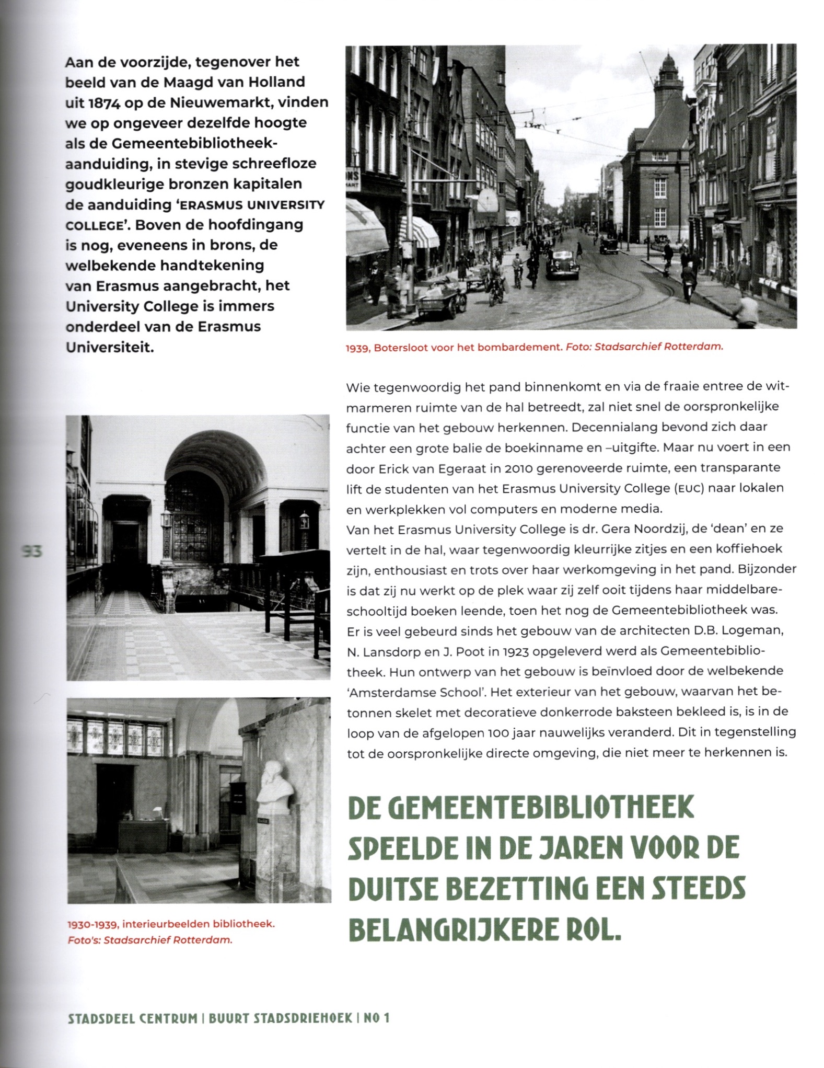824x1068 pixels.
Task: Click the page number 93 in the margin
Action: point(31,551)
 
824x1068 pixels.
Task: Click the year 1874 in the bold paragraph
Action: point(105,103)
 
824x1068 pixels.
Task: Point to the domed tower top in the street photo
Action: point(668,67)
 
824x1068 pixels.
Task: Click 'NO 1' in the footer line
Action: point(377,1018)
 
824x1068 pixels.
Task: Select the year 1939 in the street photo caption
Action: point(357,348)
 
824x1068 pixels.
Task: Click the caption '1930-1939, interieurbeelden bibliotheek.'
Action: point(171,924)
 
